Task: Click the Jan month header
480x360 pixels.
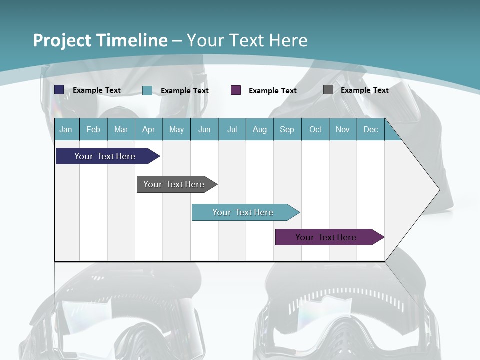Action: point(66,129)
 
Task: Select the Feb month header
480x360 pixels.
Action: point(93,129)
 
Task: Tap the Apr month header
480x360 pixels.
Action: point(149,129)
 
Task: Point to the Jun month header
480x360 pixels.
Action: point(204,129)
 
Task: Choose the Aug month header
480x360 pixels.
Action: point(260,129)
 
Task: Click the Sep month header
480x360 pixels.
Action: point(287,129)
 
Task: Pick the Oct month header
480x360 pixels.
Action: point(315,129)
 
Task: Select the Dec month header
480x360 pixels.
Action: point(371,129)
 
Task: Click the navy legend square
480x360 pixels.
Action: point(59,90)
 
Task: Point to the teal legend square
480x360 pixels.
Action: point(147,90)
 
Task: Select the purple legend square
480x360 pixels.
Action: point(236,90)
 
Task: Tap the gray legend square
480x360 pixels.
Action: point(328,90)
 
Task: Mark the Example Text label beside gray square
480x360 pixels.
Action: point(364,90)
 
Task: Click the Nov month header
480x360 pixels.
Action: point(343,129)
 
